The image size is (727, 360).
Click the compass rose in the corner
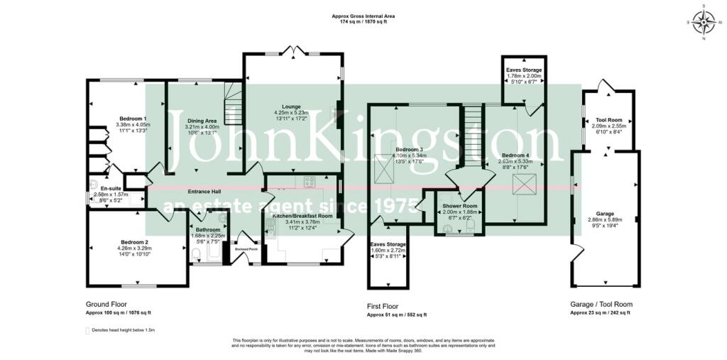pyautogui.click(x=704, y=23)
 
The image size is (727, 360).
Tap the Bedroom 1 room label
pyautogui.click(x=133, y=119)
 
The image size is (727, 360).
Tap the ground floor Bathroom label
pyautogui.click(x=208, y=230)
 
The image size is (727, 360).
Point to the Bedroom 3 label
pyautogui.click(x=408, y=149)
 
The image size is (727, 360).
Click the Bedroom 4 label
pyautogui.click(x=515, y=155)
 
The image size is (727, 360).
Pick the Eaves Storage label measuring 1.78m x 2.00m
pyautogui.click(x=524, y=70)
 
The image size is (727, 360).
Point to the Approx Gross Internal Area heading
pyautogui.click(x=363, y=16)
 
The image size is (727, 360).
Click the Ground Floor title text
pyautogui.click(x=106, y=304)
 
